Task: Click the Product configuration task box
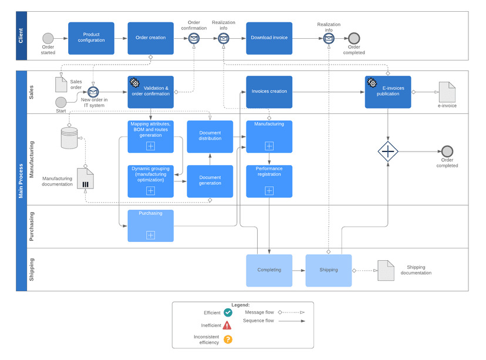[91, 38]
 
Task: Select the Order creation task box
[151, 38]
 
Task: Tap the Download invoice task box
[269, 38]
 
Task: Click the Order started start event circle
[48, 38]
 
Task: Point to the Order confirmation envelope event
[194, 38]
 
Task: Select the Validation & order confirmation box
[151, 92]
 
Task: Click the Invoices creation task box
[269, 92]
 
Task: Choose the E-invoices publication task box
[387, 92]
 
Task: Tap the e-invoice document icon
[447, 92]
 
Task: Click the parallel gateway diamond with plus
[387, 152]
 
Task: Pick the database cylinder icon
[69, 139]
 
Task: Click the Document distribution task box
[210, 136]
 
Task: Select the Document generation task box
[210, 181]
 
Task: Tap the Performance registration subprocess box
[269, 181]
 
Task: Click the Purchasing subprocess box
[151, 226]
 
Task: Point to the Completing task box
[269, 270]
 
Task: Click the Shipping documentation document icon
[386, 270]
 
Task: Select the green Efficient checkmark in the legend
[228, 313]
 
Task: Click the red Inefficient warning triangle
[227, 325]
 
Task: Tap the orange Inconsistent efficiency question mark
[228, 339]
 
